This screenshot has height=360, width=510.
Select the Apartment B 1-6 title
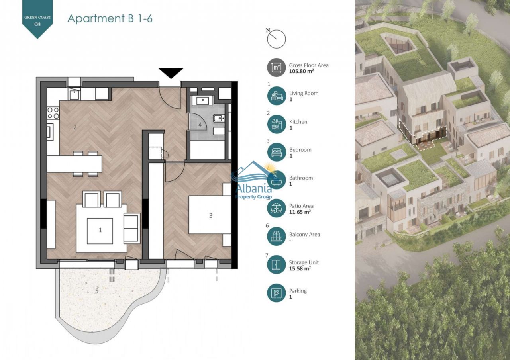tap(110, 18)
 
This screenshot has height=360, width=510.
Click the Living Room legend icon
tap(277, 96)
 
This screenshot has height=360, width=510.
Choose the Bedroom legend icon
tap(277, 152)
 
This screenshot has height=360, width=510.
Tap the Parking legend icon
tap(277, 293)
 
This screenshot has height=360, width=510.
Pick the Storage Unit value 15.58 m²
tap(300, 268)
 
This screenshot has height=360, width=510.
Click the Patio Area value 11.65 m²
tap(300, 212)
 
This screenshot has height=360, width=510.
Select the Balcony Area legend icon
tap(277, 236)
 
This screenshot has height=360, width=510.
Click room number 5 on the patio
tap(97, 291)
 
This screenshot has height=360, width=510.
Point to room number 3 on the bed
tap(211, 215)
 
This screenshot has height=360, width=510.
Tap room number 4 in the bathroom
tap(200, 125)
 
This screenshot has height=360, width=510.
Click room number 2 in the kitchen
tap(75, 127)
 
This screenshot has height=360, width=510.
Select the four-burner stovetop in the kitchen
tap(53, 113)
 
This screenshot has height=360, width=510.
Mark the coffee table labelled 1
tap(100, 231)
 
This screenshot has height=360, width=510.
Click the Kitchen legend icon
tap(277, 124)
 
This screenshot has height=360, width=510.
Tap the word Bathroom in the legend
tap(301, 178)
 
